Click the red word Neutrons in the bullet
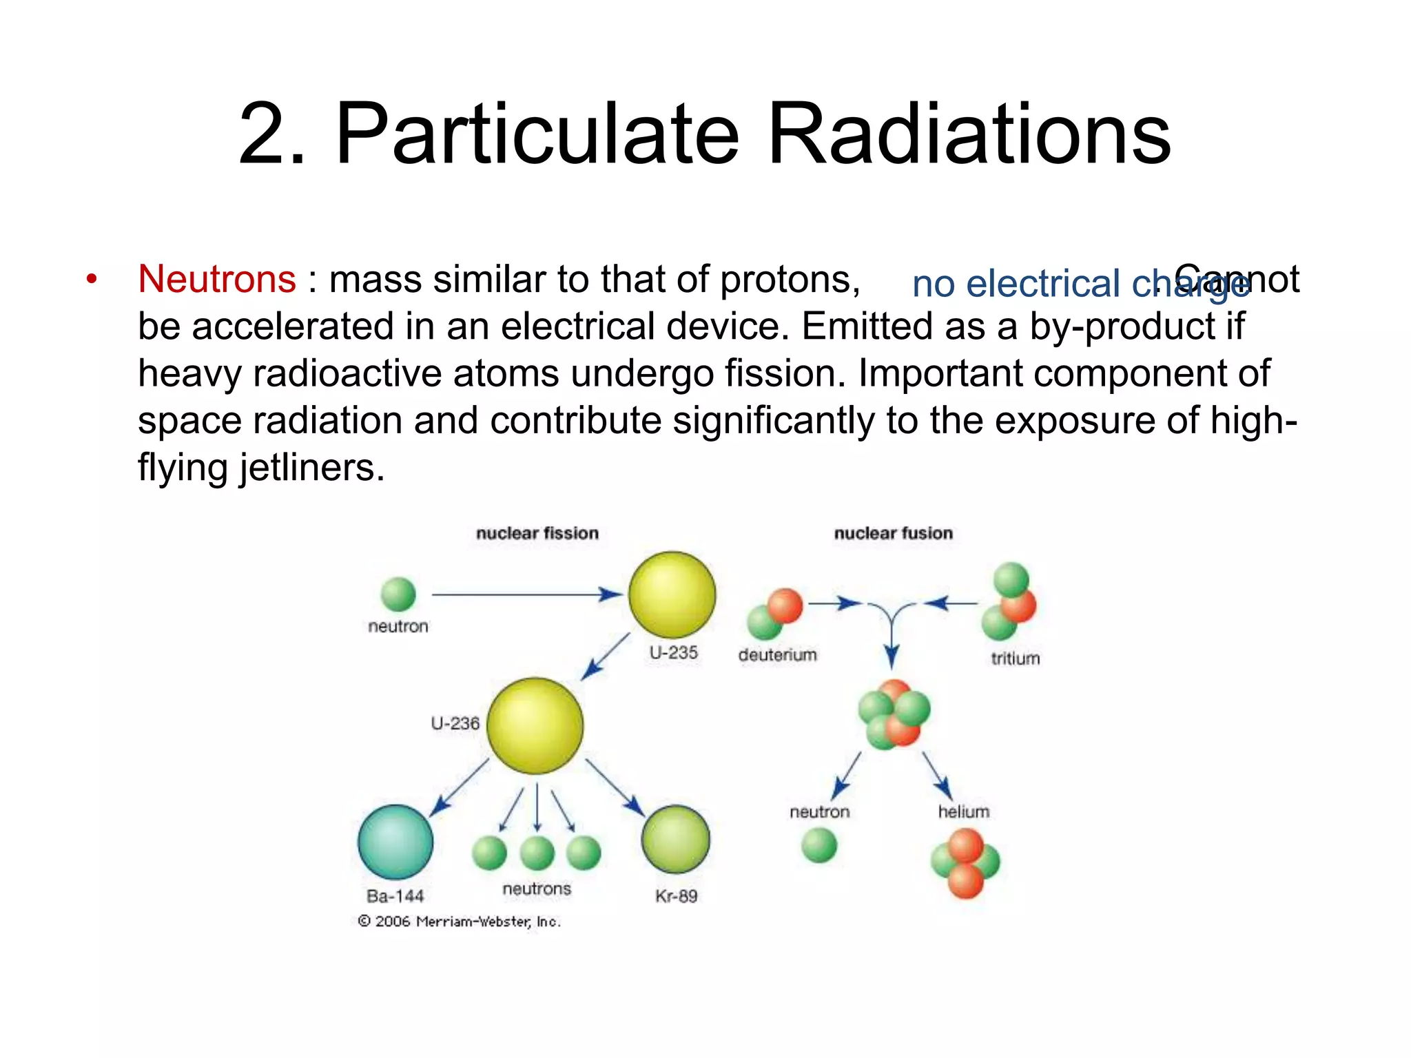[x=216, y=280]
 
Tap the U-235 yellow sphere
[x=672, y=594]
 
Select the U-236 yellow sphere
[x=535, y=725]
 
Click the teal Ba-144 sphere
[x=395, y=842]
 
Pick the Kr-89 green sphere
[x=675, y=840]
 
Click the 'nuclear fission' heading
[x=537, y=533]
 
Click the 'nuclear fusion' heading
[x=893, y=533]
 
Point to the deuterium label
[x=777, y=654]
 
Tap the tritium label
[x=1015, y=658]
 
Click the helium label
[x=963, y=812]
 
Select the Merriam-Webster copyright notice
[x=460, y=922]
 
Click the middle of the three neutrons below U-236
[x=537, y=853]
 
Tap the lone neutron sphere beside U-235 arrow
[x=398, y=594]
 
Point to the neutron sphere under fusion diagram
[x=819, y=845]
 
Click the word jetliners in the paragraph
[x=311, y=468]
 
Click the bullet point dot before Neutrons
[x=92, y=280]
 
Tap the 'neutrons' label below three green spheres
[x=537, y=889]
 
